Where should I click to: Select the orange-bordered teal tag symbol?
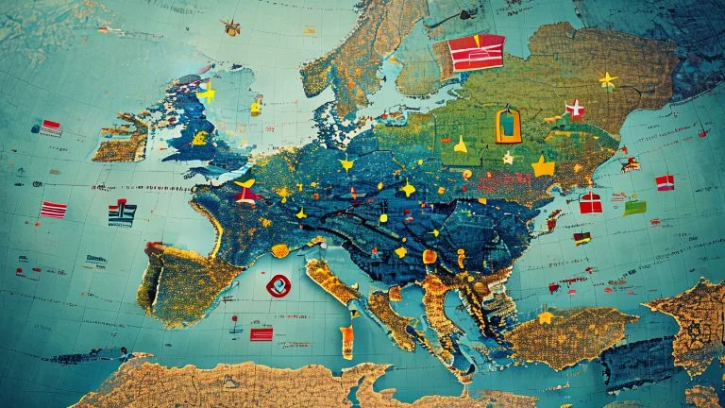[x=508, y=125]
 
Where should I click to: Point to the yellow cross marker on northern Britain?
[x=207, y=93]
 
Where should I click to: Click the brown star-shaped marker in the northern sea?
[x=230, y=27]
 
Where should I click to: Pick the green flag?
[x=634, y=207]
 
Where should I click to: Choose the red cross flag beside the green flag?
[x=591, y=202]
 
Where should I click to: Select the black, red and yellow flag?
[x=582, y=238]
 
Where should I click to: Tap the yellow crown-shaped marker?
[x=543, y=167]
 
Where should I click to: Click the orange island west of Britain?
[x=121, y=140]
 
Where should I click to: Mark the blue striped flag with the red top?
[x=122, y=212]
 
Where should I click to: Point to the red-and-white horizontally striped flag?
[x=54, y=210]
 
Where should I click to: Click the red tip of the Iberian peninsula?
[x=153, y=247]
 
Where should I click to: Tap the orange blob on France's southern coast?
[x=279, y=250]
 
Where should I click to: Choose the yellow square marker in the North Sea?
[x=256, y=107]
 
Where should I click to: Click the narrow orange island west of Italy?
[x=346, y=341]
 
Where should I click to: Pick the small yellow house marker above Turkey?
[x=546, y=317]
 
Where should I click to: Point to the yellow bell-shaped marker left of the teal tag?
[x=460, y=144]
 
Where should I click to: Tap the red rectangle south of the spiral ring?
[x=261, y=333]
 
